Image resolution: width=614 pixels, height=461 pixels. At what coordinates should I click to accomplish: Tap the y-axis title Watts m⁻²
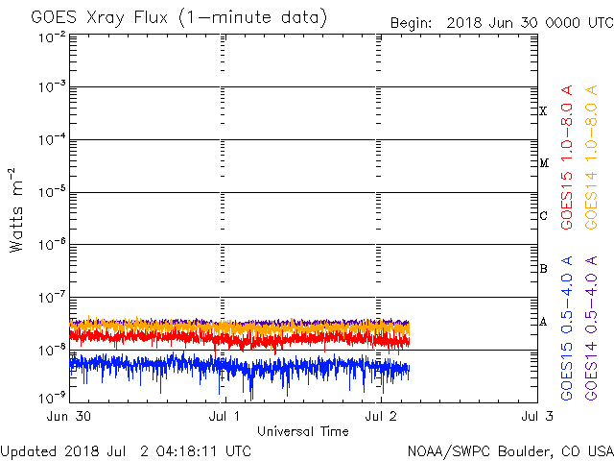tap(16, 210)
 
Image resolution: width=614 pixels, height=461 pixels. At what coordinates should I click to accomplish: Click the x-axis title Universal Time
tap(302, 431)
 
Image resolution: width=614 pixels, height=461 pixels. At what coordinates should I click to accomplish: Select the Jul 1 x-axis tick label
tap(224, 416)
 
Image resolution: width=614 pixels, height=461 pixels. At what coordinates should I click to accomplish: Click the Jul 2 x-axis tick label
tap(381, 416)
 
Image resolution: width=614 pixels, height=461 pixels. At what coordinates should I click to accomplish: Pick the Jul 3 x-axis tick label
tap(536, 416)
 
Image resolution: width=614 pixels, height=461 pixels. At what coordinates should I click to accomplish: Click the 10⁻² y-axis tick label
tap(52, 36)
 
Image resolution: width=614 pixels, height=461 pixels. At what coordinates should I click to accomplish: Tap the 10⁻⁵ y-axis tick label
tap(52, 192)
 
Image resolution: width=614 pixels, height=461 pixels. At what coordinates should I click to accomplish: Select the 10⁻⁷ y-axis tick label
tap(52, 296)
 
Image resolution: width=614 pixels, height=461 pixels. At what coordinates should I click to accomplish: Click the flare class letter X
tap(543, 111)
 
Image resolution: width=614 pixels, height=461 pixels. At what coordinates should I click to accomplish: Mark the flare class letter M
tap(543, 163)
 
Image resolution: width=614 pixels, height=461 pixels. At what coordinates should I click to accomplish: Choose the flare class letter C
tap(543, 216)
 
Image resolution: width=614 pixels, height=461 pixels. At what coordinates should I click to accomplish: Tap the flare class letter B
tap(543, 269)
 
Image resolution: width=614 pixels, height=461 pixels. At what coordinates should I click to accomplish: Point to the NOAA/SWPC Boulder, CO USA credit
tap(509, 450)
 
